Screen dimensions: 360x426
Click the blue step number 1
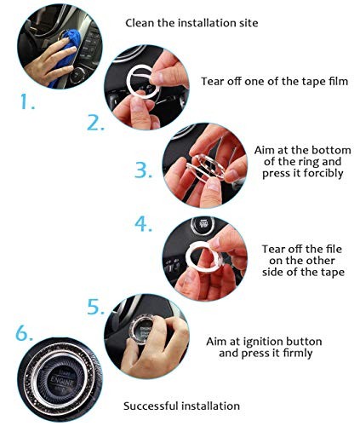coord(27,101)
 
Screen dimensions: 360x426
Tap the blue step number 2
coord(95,123)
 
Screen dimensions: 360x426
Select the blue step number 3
coord(143,170)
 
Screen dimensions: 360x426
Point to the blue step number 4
coord(143,224)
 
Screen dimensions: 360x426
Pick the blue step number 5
coord(95,307)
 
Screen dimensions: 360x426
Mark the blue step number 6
coord(24,333)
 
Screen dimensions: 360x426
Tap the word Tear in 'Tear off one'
coord(211,81)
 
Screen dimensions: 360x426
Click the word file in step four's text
coord(333,249)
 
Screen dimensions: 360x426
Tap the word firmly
coord(298,354)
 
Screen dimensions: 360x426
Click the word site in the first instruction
coord(250,23)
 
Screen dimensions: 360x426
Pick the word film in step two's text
coord(339,81)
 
